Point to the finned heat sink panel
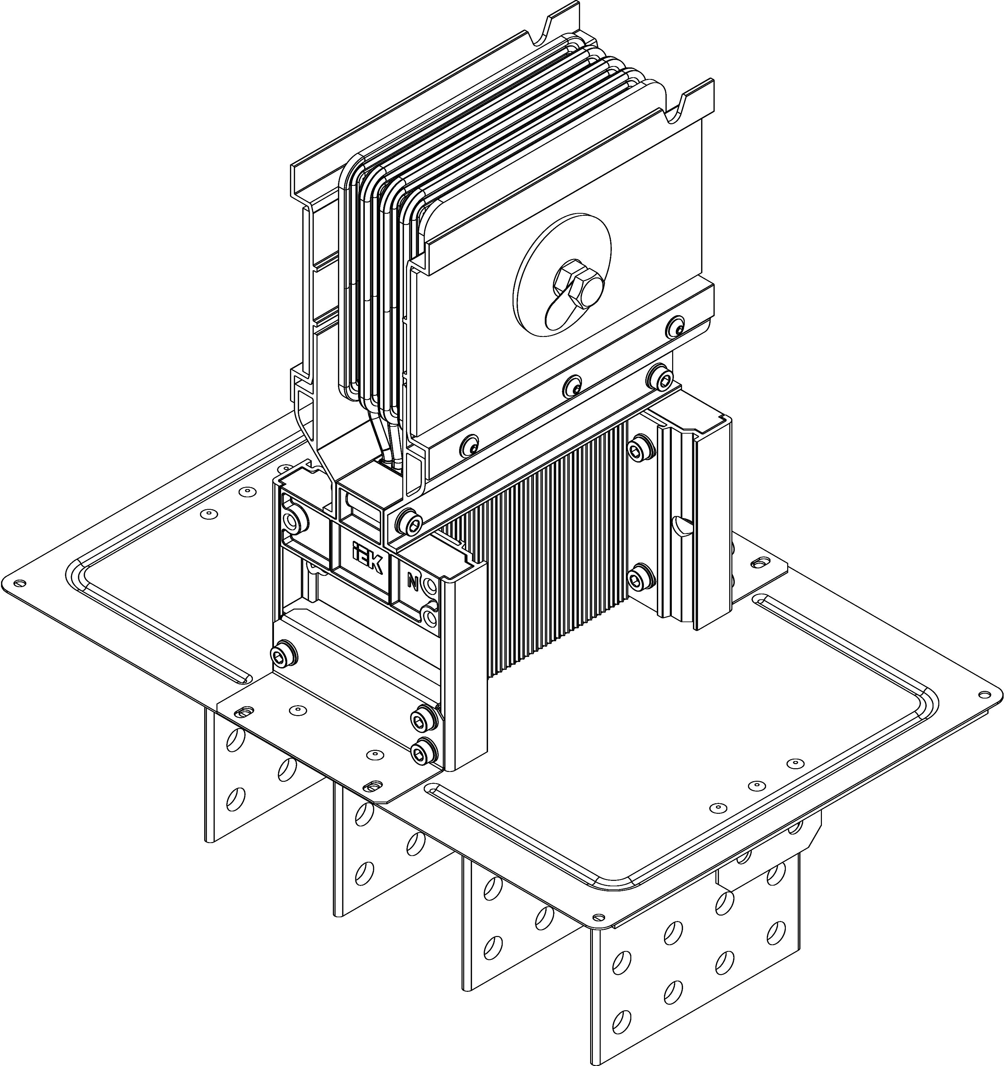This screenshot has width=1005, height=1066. pos(542,542)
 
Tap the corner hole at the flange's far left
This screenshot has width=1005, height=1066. pos(20,583)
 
